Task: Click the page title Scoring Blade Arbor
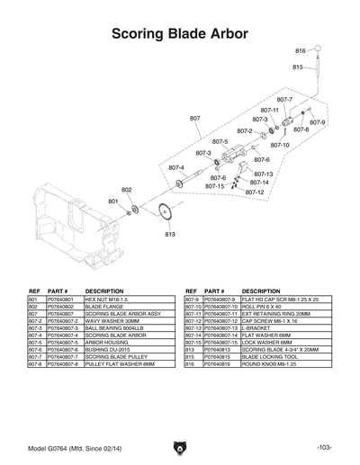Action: (x=180, y=35)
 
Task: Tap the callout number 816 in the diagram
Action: (x=301, y=50)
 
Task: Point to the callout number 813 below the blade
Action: (x=169, y=234)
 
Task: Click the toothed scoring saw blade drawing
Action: (x=164, y=213)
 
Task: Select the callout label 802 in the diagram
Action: (x=127, y=190)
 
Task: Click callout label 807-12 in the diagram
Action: (x=255, y=192)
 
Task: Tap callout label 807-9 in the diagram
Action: (x=318, y=121)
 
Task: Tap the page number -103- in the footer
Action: (x=325, y=447)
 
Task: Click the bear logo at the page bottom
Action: (x=180, y=447)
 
